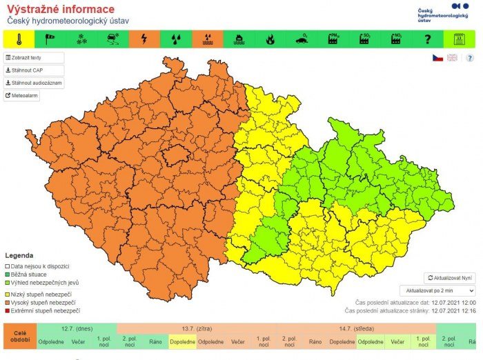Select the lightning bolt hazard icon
click(144, 39)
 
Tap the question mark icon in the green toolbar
click(428, 39)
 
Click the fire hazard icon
click(270, 39)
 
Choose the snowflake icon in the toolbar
click(81, 39)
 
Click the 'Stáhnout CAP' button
click(34, 70)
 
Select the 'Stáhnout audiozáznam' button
click(34, 83)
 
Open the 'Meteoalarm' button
click(22, 96)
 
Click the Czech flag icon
click(437, 58)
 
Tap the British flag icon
click(453, 58)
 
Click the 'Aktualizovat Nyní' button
click(449, 277)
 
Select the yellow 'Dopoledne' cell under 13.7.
click(182, 341)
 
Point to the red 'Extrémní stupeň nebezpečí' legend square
click(8, 311)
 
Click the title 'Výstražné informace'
click(61, 10)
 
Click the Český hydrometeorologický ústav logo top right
click(443, 12)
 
